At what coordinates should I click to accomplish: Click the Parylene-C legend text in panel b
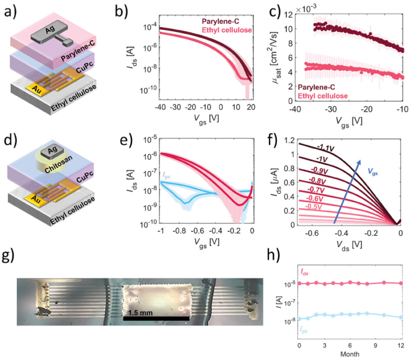coord(220,22)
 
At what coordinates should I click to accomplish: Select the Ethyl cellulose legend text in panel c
coord(323,96)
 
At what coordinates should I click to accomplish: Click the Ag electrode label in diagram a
coord(50,31)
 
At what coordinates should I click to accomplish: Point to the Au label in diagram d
coord(36,199)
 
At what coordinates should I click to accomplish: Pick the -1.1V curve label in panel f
coord(326,148)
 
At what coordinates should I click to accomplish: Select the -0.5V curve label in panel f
coord(313,206)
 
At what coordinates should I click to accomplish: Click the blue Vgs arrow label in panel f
coord(373,172)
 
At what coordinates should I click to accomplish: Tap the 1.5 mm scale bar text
coord(140,313)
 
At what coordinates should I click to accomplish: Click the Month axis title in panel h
coord(349,354)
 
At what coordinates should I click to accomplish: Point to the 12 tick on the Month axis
coord(401,346)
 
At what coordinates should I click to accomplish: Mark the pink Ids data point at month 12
coord(401,283)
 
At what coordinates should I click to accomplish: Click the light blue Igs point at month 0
coord(300,319)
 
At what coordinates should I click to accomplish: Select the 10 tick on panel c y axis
coord(288,29)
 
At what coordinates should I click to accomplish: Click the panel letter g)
coord(8,256)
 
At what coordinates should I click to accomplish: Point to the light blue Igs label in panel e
coord(166,176)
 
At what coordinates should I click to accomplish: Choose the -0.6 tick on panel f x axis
coord(312,233)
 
